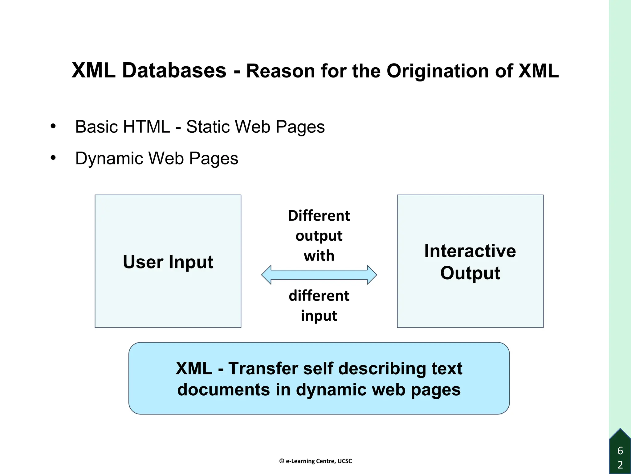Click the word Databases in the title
(174, 70)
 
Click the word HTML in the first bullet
(146, 127)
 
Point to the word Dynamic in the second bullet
(109, 159)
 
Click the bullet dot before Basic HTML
(53, 126)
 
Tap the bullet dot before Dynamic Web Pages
(53, 158)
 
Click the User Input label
(168, 262)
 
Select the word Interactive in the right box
(470, 251)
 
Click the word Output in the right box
(470, 273)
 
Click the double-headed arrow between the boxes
(319, 275)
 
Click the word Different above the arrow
(319, 216)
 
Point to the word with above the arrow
(319, 256)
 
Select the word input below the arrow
(319, 316)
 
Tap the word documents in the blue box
(224, 389)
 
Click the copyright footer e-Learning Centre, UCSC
(315, 461)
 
